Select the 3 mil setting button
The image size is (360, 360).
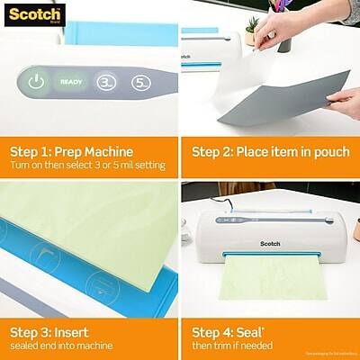[x=104, y=81]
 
